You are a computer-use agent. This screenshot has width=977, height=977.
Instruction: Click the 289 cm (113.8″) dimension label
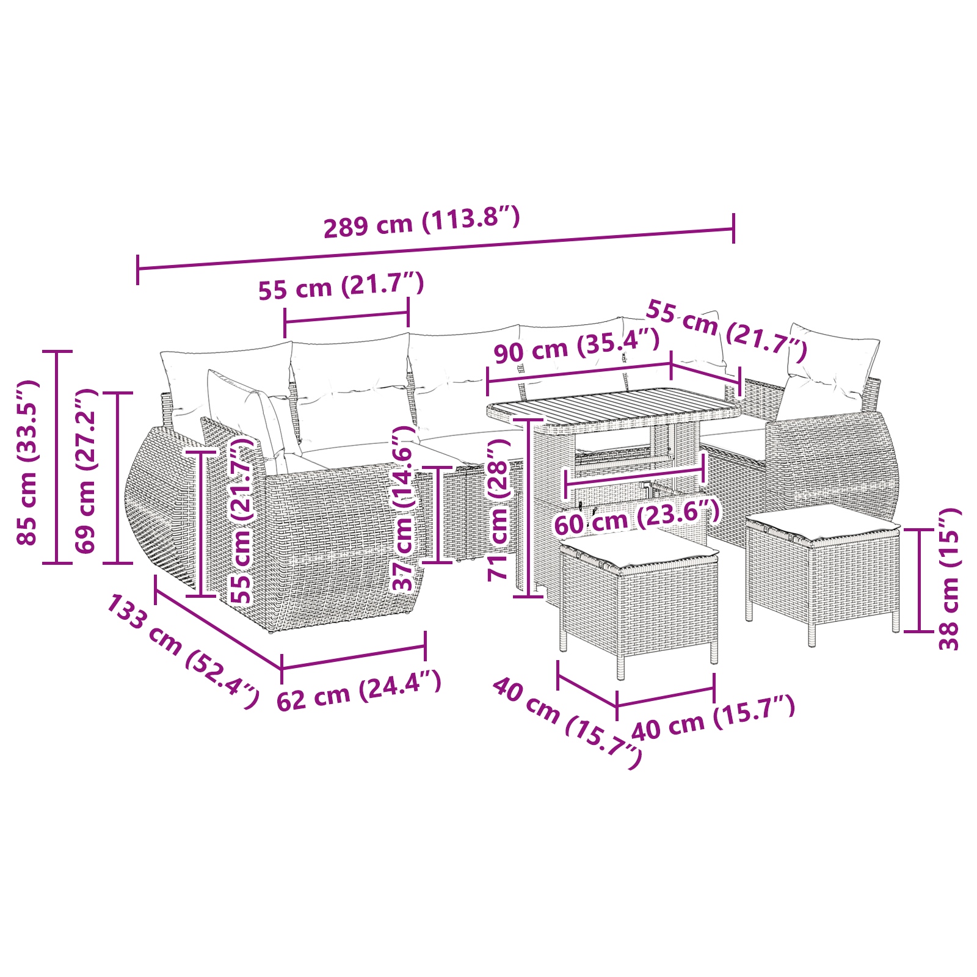click(421, 222)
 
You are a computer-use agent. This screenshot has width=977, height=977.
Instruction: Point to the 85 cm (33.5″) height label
click(28, 462)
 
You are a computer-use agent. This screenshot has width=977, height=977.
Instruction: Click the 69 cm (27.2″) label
click(86, 471)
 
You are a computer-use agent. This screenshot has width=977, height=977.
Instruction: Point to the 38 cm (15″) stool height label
click(950, 579)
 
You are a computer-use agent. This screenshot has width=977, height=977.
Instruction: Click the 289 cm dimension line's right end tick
click(733, 228)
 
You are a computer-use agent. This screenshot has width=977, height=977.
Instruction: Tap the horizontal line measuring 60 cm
click(635, 476)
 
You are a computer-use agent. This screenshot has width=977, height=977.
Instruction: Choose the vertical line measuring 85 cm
click(57, 457)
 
